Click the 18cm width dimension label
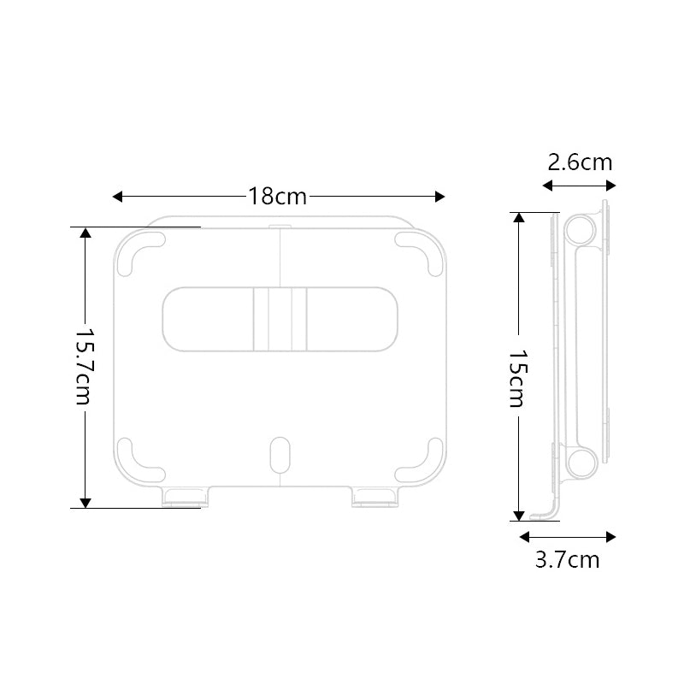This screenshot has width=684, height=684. (278, 196)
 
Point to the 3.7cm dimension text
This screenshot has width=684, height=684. (567, 560)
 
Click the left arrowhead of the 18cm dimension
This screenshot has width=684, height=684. (118, 197)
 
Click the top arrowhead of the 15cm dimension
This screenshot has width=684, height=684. (517, 217)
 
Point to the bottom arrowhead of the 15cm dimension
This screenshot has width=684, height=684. (517, 515)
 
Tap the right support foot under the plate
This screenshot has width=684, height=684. (372, 495)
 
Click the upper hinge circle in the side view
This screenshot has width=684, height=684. (580, 229)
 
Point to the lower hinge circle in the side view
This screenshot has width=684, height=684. (580, 462)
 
